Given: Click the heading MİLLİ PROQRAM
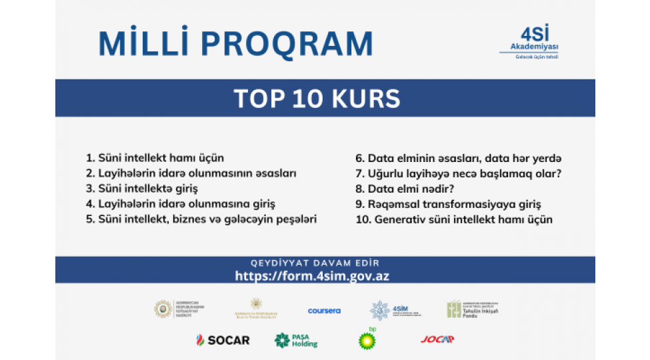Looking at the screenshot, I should tap(235, 43).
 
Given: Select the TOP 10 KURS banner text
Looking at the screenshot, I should tap(317, 99).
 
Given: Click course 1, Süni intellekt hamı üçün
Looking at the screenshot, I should tap(155, 158).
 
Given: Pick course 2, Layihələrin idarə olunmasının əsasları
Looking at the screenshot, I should tap(191, 173).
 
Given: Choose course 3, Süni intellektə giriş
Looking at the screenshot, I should tap(142, 189).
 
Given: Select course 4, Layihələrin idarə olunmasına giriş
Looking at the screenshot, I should tap(180, 204).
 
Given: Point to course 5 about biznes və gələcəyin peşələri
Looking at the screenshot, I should tap(201, 219).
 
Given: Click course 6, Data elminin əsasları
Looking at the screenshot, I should tap(459, 158).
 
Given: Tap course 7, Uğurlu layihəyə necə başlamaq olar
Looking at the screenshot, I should tap(458, 173).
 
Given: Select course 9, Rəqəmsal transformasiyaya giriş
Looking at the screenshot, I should tap(448, 204).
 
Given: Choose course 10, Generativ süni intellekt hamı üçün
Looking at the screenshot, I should tap(454, 219).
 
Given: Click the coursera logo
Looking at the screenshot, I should tap(324, 311).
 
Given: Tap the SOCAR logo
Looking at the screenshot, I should tap(223, 340).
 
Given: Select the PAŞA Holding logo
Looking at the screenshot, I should tap(296, 340).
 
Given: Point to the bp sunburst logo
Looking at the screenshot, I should tap(367, 339).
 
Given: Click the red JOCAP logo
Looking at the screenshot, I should tap(437, 339).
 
